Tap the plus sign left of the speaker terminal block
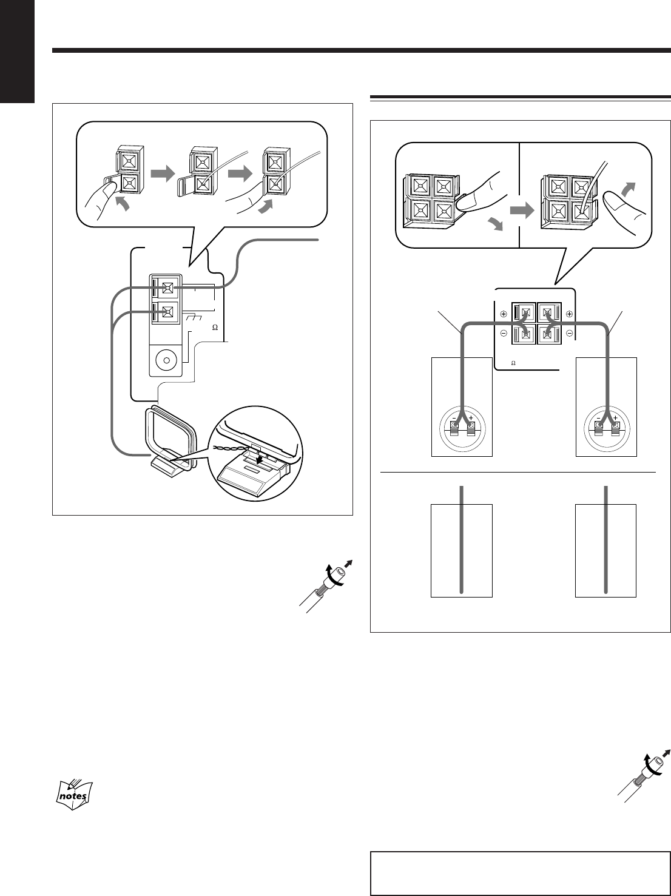pyautogui.click(x=504, y=315)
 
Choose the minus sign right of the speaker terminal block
pyautogui.click(x=569, y=334)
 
